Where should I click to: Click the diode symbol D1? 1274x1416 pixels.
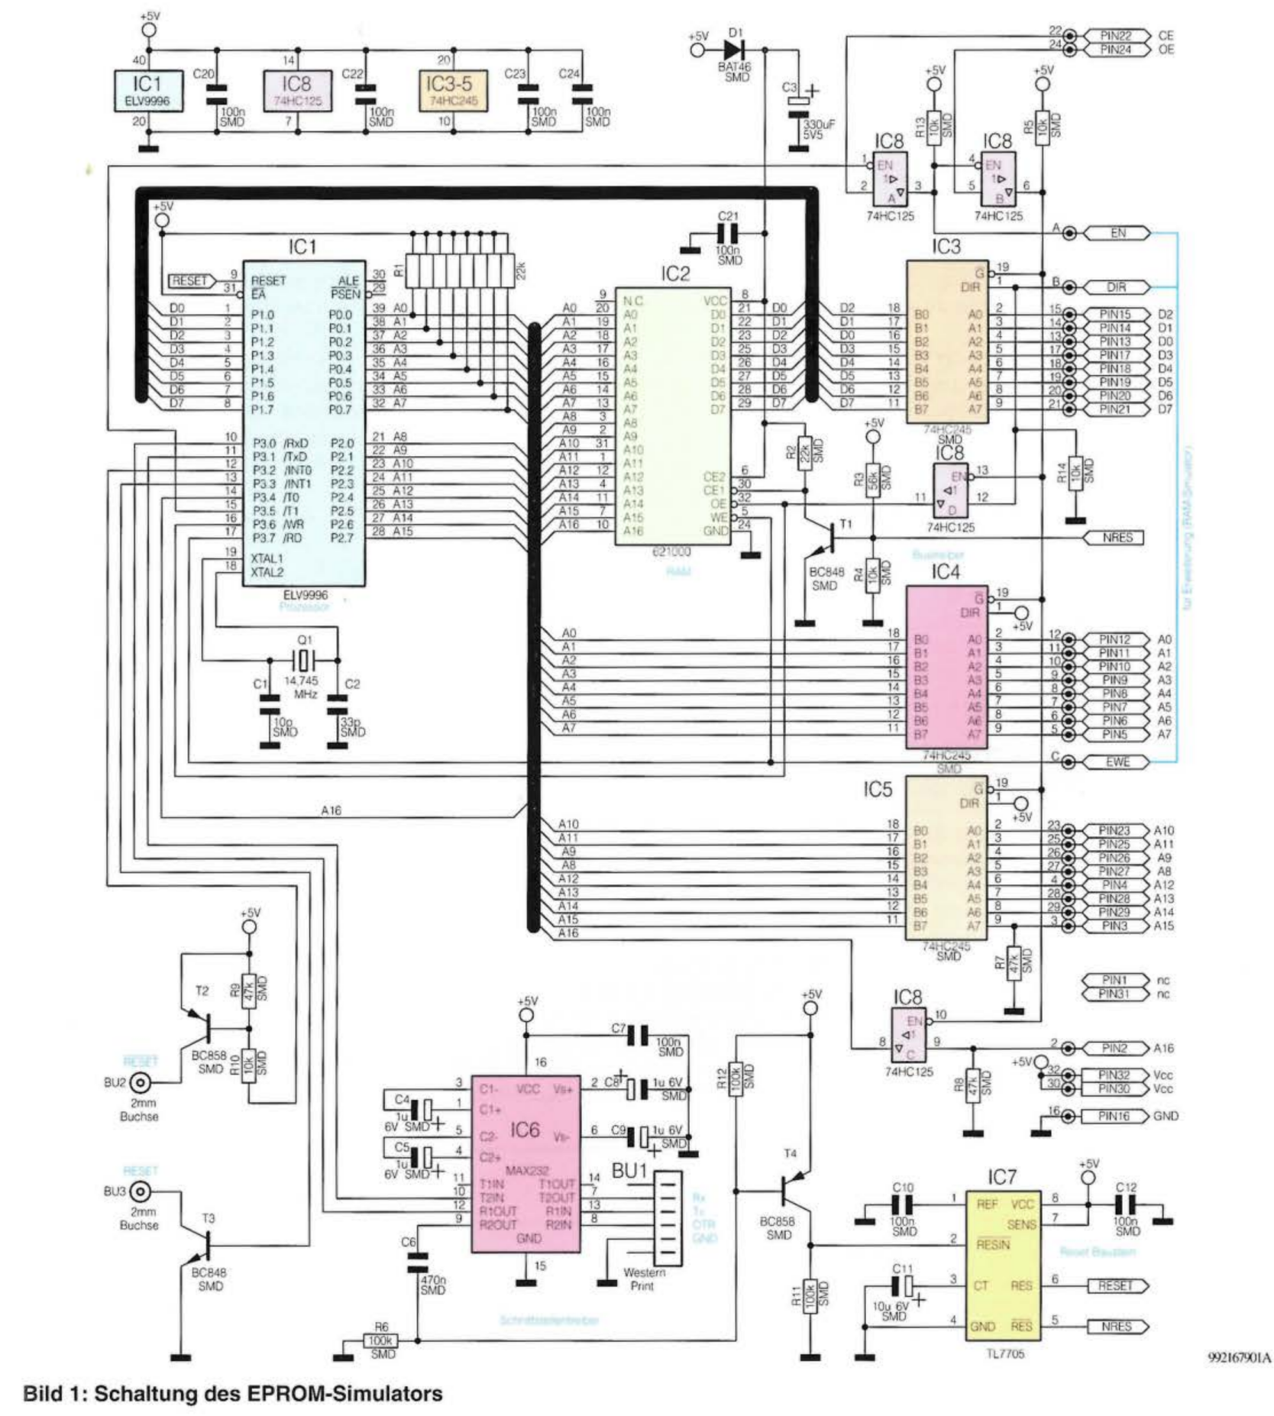[733, 50]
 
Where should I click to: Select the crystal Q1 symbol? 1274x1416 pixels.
[304, 659]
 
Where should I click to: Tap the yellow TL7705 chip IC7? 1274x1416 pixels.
[1003, 1262]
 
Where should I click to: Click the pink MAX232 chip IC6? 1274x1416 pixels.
[525, 1163]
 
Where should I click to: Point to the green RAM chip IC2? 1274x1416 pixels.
[673, 416]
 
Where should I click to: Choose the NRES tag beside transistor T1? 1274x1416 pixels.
[1117, 538]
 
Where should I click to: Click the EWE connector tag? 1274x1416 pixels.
[1117, 761]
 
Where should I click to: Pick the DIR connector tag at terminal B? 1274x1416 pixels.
[1117, 287]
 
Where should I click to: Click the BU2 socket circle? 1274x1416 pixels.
[139, 1082]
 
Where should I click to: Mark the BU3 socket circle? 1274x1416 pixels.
[139, 1191]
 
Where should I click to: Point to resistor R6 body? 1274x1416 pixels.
[380, 1340]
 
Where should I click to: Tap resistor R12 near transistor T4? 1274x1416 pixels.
[736, 1078]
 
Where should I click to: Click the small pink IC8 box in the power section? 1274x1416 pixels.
[297, 91]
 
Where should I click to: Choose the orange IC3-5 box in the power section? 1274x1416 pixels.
[453, 91]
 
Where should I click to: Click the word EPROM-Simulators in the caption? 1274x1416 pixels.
[344, 1393]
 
